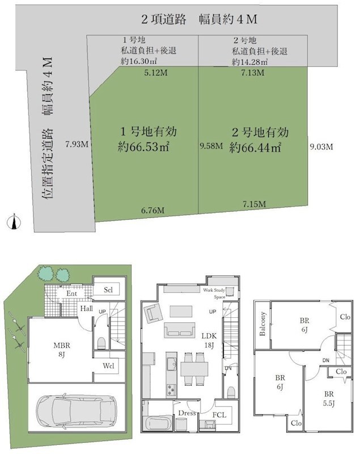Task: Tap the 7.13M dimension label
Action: pos(252,73)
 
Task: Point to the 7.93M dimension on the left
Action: pos(77,144)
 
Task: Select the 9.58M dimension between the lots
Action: pos(211,146)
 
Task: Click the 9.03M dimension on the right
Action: pos(321,146)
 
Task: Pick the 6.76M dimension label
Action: pos(153,210)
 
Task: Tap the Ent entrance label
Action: pos(71,293)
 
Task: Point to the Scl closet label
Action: pos(109,289)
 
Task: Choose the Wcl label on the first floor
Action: pos(108,365)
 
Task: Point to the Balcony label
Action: pos(263,324)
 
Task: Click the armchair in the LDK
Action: pos(153,312)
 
